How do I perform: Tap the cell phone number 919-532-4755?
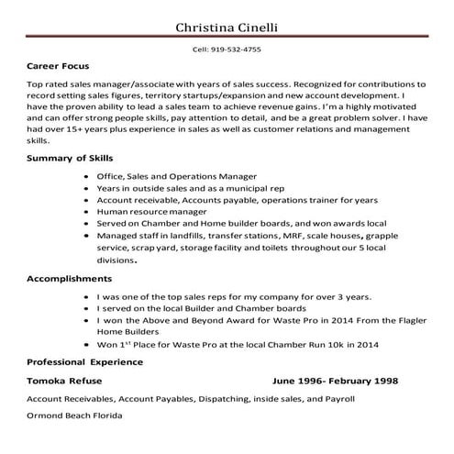coord(227,50)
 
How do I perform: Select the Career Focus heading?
coord(59,68)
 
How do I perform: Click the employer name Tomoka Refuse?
coord(64,380)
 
